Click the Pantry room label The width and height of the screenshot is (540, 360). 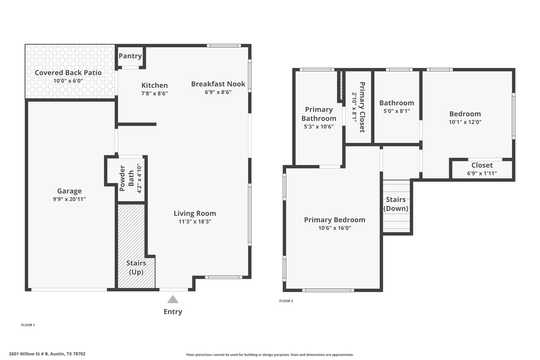click(130, 56)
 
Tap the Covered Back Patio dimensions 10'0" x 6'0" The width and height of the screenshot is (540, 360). click(68, 81)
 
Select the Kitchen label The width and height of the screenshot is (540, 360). click(155, 85)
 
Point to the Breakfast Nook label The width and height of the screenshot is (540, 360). click(218, 84)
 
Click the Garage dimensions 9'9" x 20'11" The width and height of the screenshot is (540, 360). click(69, 199)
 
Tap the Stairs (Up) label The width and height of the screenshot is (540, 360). click(136, 267)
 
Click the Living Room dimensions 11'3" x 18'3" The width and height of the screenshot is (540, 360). click(195, 222)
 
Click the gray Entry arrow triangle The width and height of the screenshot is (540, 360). click(173, 299)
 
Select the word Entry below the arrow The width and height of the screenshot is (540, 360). click(173, 312)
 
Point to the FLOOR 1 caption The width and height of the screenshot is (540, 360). click(28, 325)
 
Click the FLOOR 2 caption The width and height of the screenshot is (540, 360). click(286, 301)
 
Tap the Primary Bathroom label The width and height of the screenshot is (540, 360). click(319, 114)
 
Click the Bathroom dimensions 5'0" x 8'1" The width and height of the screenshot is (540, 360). click(397, 111)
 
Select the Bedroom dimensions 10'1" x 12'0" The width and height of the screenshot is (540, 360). click(465, 122)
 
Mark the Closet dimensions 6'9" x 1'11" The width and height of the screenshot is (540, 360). click(482, 173)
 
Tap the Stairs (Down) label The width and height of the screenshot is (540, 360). click(396, 204)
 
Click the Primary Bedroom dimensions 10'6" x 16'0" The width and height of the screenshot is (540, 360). click(335, 228)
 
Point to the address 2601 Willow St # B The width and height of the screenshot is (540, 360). click(29, 354)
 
